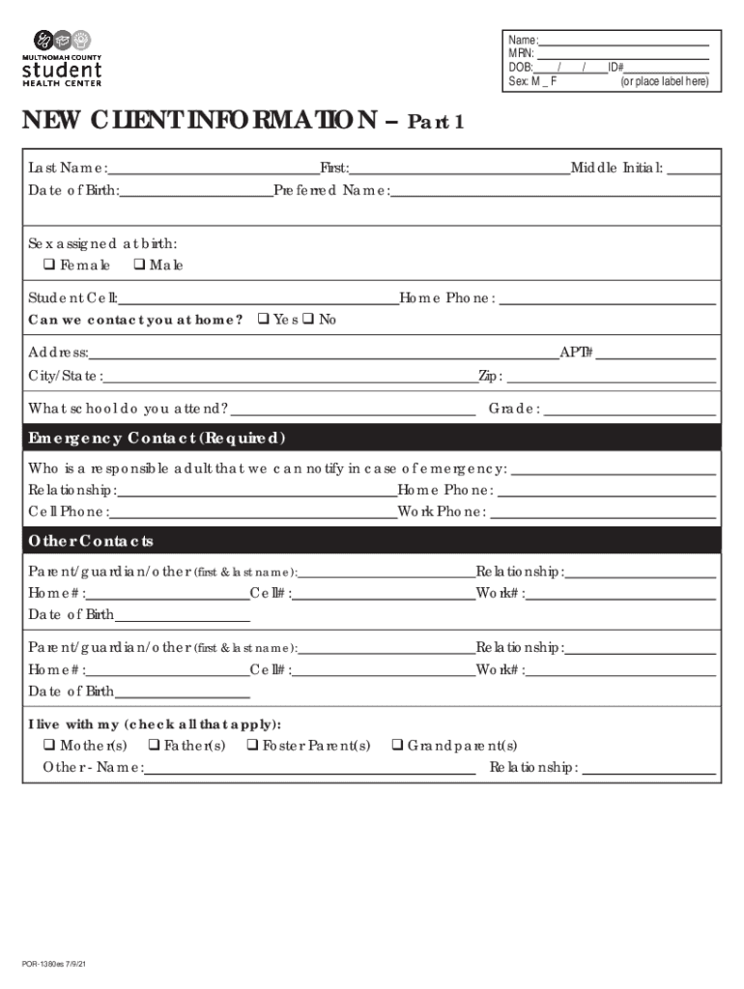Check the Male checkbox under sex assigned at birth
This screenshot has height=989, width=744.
pyautogui.click(x=138, y=265)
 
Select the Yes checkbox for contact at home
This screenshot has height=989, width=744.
pyautogui.click(x=262, y=320)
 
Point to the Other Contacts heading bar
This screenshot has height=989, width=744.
pyautogui.click(x=91, y=541)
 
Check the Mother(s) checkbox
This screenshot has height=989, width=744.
pyautogui.click(x=48, y=746)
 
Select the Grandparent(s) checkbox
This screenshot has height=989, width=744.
pyautogui.click(x=396, y=746)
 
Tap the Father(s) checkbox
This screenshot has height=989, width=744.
pyautogui.click(x=153, y=746)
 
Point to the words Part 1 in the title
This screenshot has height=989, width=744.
pyautogui.click(x=437, y=123)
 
